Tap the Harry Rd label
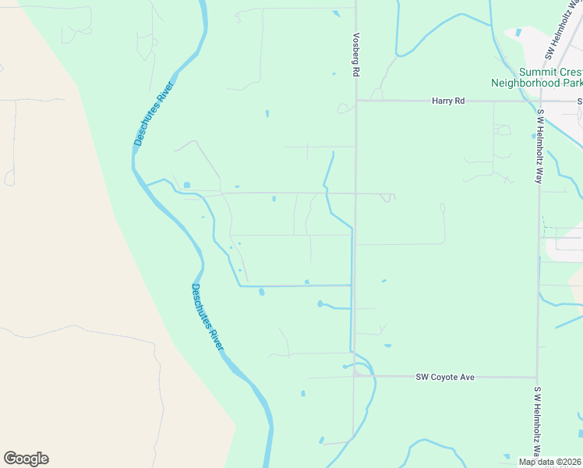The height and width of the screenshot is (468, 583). [x=448, y=101]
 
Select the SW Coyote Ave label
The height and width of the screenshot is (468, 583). [x=445, y=377]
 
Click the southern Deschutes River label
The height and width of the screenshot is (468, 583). [x=207, y=317]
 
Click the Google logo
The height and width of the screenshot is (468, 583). [x=26, y=459]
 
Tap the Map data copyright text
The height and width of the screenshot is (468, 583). [x=550, y=462]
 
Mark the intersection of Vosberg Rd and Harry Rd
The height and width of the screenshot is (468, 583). [x=356, y=101]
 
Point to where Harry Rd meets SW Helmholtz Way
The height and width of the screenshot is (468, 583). [x=540, y=101]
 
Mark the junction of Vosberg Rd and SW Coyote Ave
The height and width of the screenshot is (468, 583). [x=355, y=376]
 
